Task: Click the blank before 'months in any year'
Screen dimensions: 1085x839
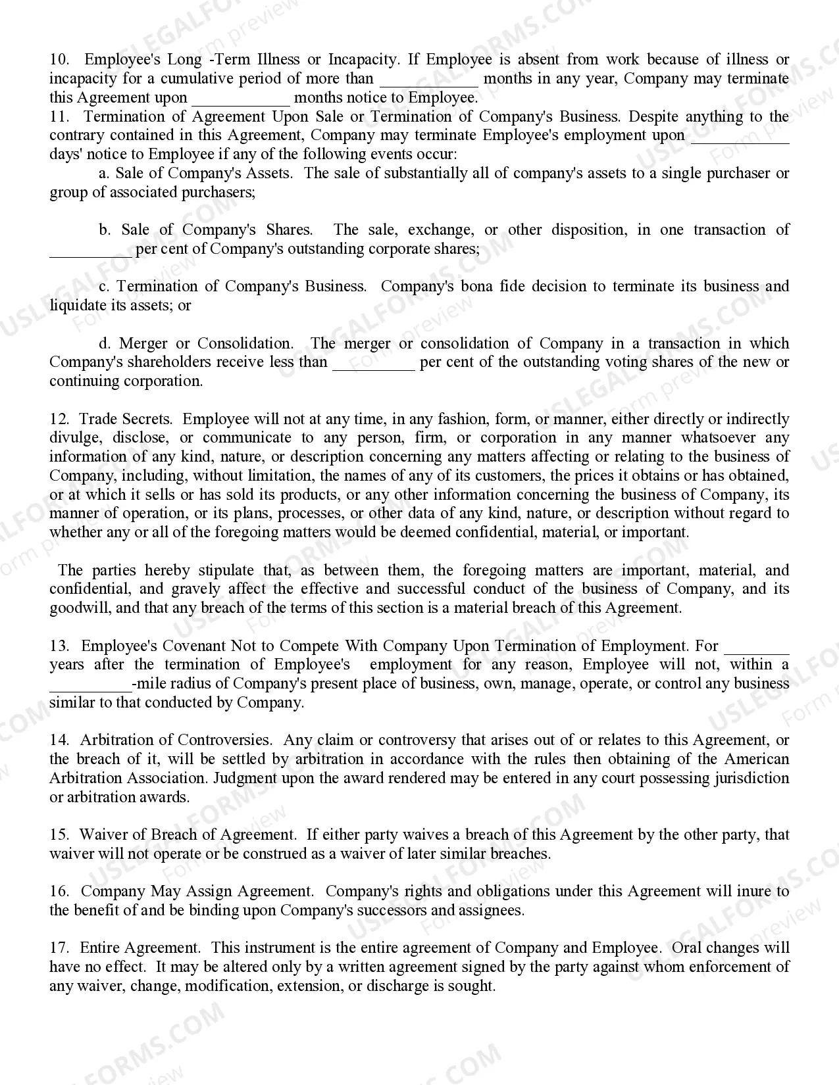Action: [x=429, y=80]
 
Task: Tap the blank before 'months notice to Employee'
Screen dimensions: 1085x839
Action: [x=241, y=99]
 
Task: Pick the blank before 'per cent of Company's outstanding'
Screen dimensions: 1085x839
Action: [x=91, y=251]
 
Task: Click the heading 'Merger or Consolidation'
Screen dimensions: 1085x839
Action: [x=206, y=344]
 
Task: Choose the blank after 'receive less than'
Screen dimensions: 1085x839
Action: [x=373, y=364]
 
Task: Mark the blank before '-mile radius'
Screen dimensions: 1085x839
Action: [x=91, y=685]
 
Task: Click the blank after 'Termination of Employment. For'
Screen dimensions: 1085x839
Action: [x=756, y=648]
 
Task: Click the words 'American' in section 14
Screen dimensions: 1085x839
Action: [x=756, y=759]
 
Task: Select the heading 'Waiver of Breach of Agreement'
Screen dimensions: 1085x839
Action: [x=187, y=835]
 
